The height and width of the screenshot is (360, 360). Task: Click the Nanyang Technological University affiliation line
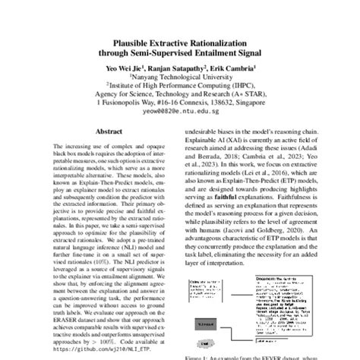pos(180,76)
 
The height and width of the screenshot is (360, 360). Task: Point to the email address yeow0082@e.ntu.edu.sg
pos(180,119)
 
